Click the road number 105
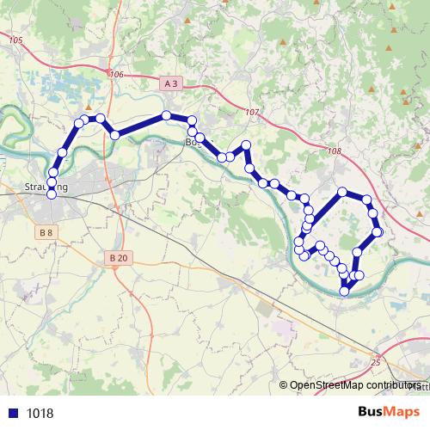(x=15, y=40)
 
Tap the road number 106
(x=117, y=75)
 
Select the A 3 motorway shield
(x=171, y=83)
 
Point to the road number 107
(x=252, y=113)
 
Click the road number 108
(x=335, y=152)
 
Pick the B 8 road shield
(x=46, y=233)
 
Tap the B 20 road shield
(x=119, y=258)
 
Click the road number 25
(x=375, y=362)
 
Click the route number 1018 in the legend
(x=40, y=413)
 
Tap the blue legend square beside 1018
(x=14, y=413)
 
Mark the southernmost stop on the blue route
(x=345, y=291)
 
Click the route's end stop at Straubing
(x=51, y=194)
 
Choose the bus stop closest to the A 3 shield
(x=167, y=115)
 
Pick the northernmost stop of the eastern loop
(x=342, y=192)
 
